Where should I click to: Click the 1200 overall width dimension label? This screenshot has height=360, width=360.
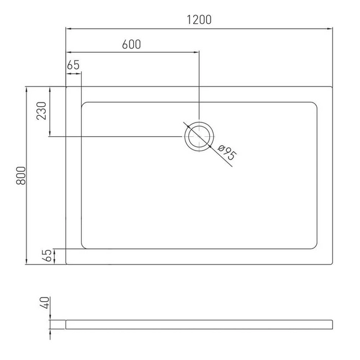click(x=199, y=20)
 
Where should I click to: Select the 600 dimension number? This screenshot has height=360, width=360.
click(x=131, y=44)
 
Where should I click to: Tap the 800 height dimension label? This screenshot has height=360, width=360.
click(x=21, y=176)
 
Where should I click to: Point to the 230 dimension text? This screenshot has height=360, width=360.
click(x=41, y=110)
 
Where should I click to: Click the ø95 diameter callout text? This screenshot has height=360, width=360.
click(x=227, y=152)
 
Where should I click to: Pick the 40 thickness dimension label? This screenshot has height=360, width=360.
click(x=44, y=302)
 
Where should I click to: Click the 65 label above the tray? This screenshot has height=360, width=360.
click(x=73, y=65)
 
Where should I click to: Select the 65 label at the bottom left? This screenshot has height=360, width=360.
click(x=47, y=256)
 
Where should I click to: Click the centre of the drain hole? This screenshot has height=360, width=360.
click(x=199, y=137)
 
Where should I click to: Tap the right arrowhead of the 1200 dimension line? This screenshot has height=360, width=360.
click(x=329, y=29)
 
